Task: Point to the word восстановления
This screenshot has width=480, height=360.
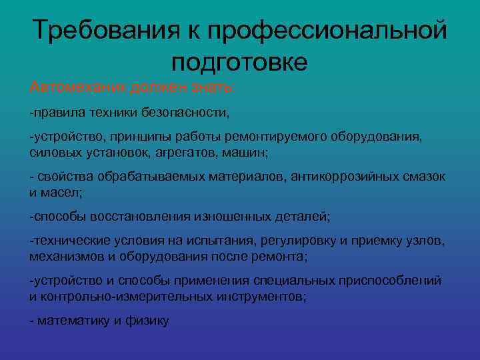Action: click(x=145, y=217)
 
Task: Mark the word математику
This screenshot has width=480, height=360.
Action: click(x=73, y=321)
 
